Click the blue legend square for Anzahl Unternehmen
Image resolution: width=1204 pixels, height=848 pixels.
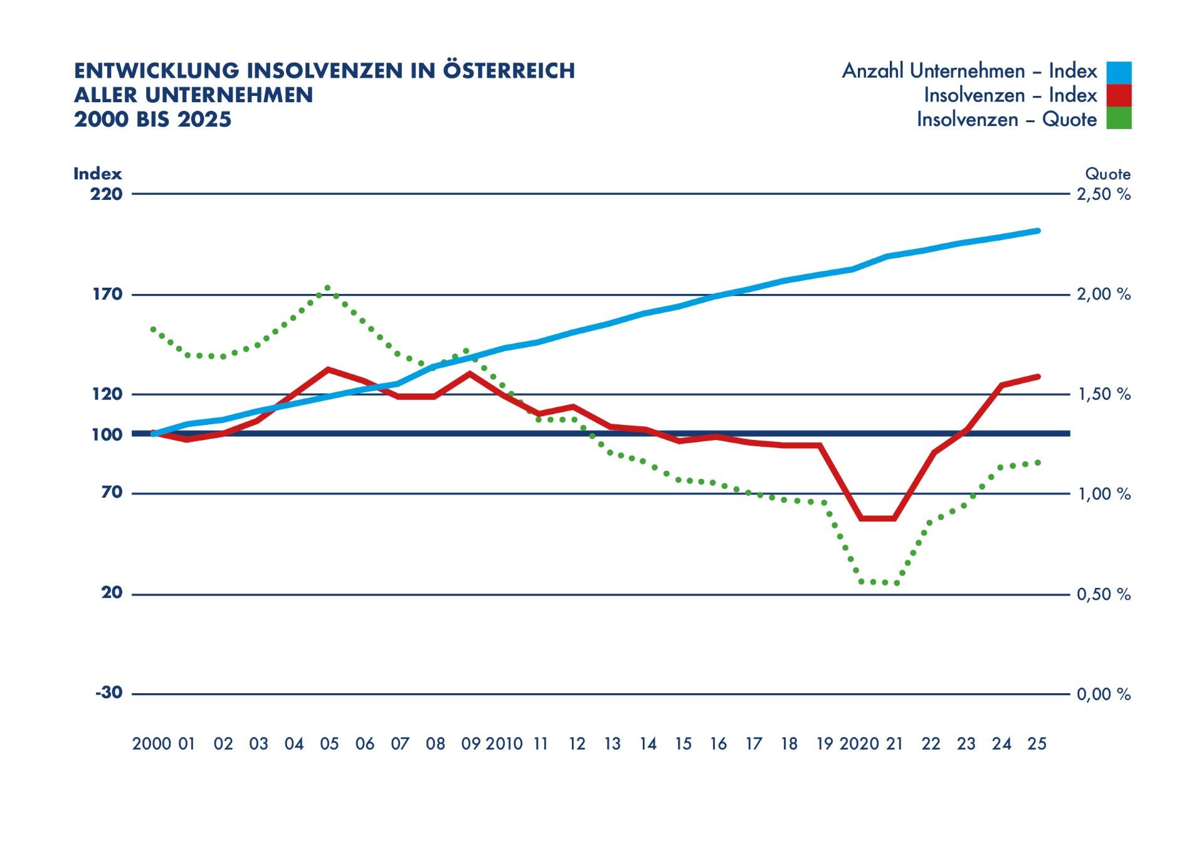(1119, 72)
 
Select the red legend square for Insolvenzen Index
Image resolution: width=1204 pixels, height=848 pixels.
(1119, 95)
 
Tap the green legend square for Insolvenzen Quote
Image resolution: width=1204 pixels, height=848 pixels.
(1119, 118)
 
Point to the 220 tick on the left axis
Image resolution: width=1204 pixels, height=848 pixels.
(106, 194)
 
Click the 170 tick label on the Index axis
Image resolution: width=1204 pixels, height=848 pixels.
(107, 294)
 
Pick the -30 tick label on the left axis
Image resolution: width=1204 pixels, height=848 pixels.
(108, 693)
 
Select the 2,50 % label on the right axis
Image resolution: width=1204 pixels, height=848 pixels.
(1104, 194)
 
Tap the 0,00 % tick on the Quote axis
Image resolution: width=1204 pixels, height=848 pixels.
(1104, 694)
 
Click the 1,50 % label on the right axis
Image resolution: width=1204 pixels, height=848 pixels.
(1104, 394)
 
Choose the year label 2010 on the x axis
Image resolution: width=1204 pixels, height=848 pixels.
(504, 744)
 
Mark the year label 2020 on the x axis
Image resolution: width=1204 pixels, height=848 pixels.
(859, 744)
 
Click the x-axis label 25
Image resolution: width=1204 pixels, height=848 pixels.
(1037, 744)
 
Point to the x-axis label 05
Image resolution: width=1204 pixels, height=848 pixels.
(329, 744)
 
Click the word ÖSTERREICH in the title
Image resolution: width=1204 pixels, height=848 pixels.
(509, 70)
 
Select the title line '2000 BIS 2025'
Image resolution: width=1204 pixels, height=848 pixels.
(152, 119)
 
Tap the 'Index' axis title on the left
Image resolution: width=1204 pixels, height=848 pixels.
(97, 174)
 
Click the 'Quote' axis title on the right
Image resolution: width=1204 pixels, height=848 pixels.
(1108, 174)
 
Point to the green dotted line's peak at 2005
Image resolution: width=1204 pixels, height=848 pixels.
(327, 288)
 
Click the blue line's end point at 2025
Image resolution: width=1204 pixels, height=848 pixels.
(1038, 231)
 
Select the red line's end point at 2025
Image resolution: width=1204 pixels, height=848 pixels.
(1038, 377)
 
